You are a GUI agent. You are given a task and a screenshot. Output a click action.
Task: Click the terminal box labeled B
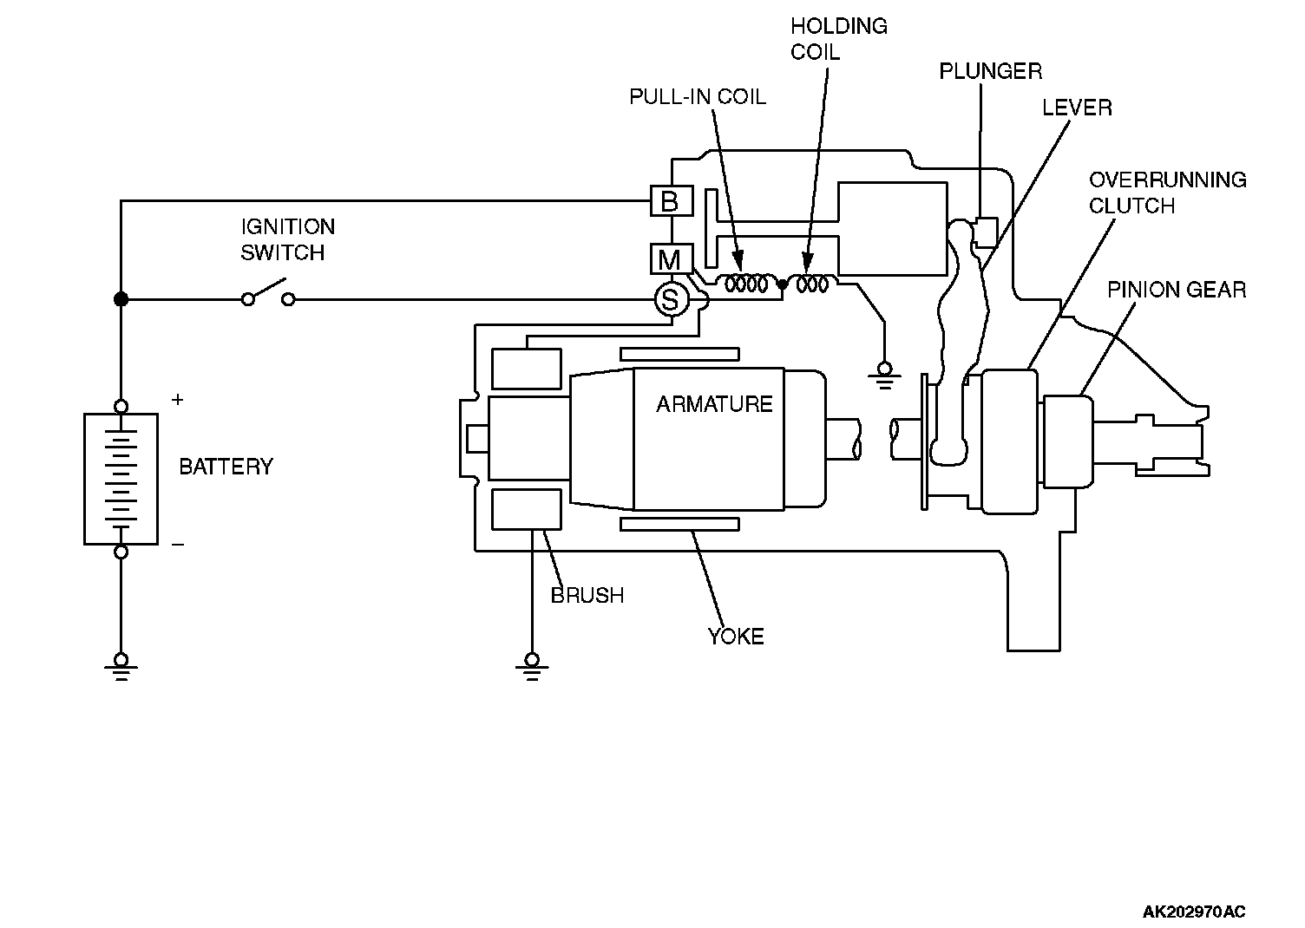click(x=671, y=201)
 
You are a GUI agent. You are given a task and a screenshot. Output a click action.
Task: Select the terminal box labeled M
click(x=671, y=258)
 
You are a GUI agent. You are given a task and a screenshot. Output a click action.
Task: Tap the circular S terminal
click(x=672, y=300)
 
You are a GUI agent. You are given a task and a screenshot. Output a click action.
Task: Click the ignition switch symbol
click(x=268, y=293)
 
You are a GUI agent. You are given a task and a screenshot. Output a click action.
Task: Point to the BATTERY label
click(x=226, y=467)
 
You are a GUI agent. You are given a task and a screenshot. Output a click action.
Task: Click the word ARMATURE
click(x=714, y=404)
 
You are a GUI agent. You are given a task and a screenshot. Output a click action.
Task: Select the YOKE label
click(x=736, y=637)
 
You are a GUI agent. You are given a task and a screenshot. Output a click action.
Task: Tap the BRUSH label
click(x=587, y=595)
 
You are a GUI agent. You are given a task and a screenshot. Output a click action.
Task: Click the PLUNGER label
click(x=990, y=71)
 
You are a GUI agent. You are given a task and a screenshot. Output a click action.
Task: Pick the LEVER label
click(x=1077, y=108)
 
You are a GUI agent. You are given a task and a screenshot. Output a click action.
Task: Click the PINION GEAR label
click(x=1177, y=290)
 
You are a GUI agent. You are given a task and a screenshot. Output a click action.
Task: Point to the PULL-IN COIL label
click(x=698, y=96)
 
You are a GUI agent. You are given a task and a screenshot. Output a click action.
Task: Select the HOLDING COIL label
click(x=839, y=39)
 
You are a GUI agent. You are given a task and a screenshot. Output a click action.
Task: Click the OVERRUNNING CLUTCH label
click(x=1168, y=193)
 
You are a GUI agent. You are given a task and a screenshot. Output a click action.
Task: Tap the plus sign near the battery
click(x=178, y=399)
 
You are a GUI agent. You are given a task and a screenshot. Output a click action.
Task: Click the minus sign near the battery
click(x=178, y=545)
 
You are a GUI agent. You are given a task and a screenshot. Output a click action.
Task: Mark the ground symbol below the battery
click(x=121, y=667)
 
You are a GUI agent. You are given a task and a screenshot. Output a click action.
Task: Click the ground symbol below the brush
click(x=531, y=667)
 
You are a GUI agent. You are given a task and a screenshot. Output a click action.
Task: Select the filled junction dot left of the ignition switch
click(x=121, y=299)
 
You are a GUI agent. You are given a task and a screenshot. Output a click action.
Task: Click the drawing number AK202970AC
click(x=1194, y=912)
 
